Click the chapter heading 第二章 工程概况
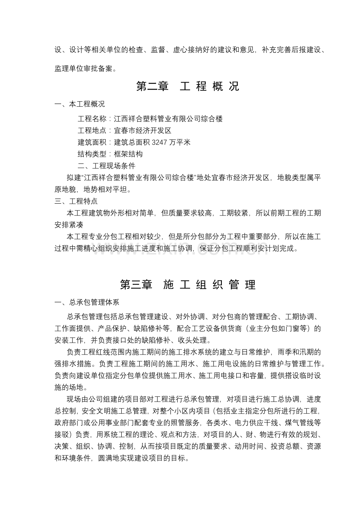tap(187, 86)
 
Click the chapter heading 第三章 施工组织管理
tap(187, 285)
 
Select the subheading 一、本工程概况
tap(79, 104)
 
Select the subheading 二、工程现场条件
tap(106, 166)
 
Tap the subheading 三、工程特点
tap(76, 202)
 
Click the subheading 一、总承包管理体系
tap(87, 302)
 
